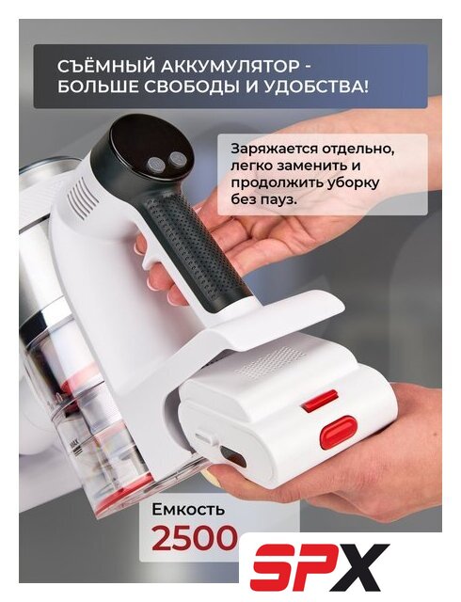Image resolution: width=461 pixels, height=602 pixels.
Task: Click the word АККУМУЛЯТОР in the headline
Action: (230, 67)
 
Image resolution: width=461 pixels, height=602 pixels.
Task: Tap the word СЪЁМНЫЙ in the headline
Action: (104, 66)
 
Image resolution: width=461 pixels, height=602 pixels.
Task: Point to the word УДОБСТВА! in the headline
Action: (316, 87)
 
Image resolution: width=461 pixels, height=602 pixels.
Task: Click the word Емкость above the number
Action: (188, 510)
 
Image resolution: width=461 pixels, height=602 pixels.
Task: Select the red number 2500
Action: (193, 538)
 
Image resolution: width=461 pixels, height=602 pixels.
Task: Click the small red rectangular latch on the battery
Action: (320, 400)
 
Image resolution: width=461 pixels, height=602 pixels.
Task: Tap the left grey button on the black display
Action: (156, 166)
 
